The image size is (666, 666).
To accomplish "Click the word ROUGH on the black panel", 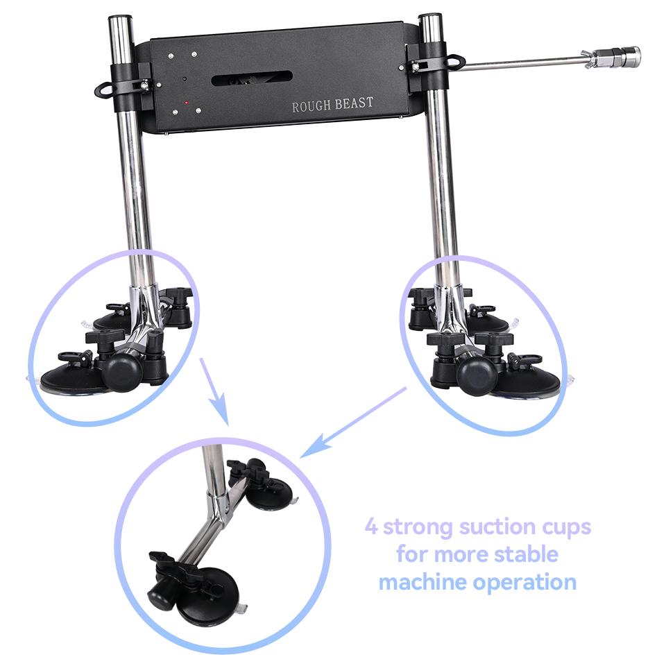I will tap(311, 106).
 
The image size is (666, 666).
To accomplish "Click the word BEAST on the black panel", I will tap(355, 103).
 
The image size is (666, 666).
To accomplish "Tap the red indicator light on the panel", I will tap(186, 103).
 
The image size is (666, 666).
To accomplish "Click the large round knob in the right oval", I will tap(477, 377).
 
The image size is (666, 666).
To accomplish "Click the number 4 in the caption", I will tap(371, 527).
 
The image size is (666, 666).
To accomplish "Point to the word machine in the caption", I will tap(422, 581).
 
